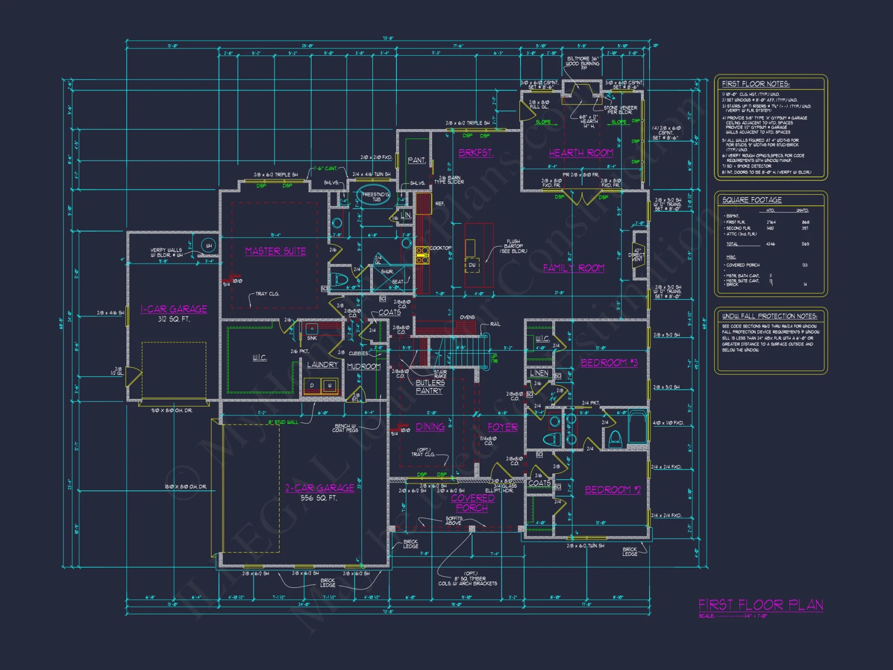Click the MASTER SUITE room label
(x=275, y=251)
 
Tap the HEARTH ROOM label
(x=581, y=153)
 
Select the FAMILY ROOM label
(x=573, y=268)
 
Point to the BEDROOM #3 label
(x=609, y=363)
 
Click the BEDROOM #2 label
(x=613, y=490)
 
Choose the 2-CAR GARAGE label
(x=320, y=488)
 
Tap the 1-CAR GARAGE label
(x=174, y=309)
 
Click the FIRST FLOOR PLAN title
(x=761, y=605)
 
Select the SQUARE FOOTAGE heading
(x=752, y=200)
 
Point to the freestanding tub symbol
(x=374, y=195)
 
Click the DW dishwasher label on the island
(x=472, y=265)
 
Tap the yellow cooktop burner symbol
(x=422, y=255)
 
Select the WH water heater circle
(x=209, y=245)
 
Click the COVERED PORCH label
(x=472, y=503)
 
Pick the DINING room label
(x=430, y=427)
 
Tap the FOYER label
(x=502, y=427)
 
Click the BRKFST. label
(x=476, y=153)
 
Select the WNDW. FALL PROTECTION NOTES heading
(x=770, y=316)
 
